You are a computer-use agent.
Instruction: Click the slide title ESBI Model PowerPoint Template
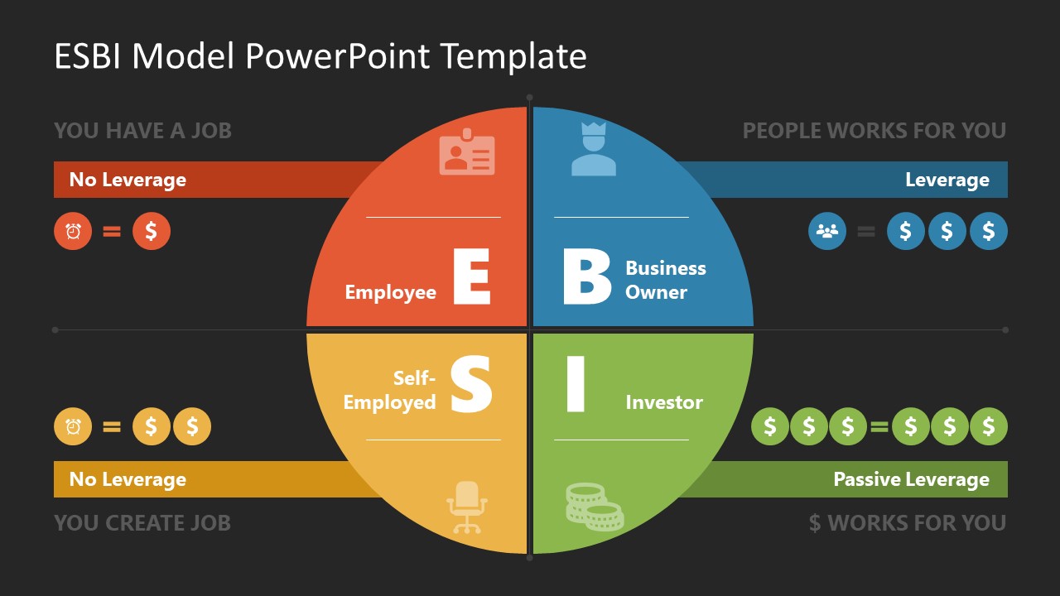320,56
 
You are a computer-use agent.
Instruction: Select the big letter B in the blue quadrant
586,277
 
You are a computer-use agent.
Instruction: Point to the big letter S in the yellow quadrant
471,384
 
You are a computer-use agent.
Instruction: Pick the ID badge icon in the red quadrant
466,152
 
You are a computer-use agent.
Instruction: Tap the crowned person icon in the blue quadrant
594,150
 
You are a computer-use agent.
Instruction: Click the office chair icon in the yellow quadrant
467,507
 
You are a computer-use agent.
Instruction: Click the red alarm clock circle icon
73,231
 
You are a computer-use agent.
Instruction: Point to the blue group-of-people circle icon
827,231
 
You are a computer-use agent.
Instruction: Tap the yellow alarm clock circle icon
73,427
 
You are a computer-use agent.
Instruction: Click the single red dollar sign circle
152,231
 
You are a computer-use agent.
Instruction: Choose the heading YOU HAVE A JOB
142,131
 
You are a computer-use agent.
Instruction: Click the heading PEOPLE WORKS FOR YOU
874,131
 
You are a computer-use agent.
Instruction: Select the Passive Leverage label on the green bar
911,479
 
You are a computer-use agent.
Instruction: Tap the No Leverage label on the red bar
128,180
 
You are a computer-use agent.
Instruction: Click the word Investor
664,402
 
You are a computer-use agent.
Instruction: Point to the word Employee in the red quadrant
390,292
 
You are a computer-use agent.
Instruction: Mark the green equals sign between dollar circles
879,427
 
